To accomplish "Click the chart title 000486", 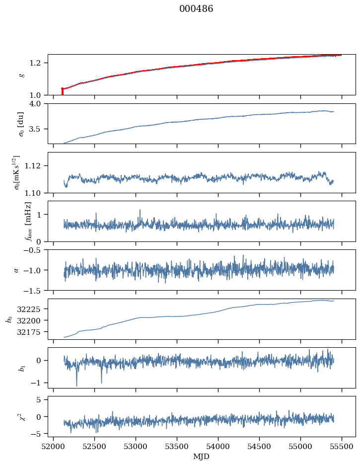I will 196,9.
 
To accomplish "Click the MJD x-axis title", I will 202,456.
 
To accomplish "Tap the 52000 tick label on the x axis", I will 54,446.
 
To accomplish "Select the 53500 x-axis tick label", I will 177,446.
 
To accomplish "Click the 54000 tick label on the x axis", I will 218,446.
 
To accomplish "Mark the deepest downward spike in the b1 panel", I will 76,385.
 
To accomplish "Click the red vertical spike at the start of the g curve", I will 62,91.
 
